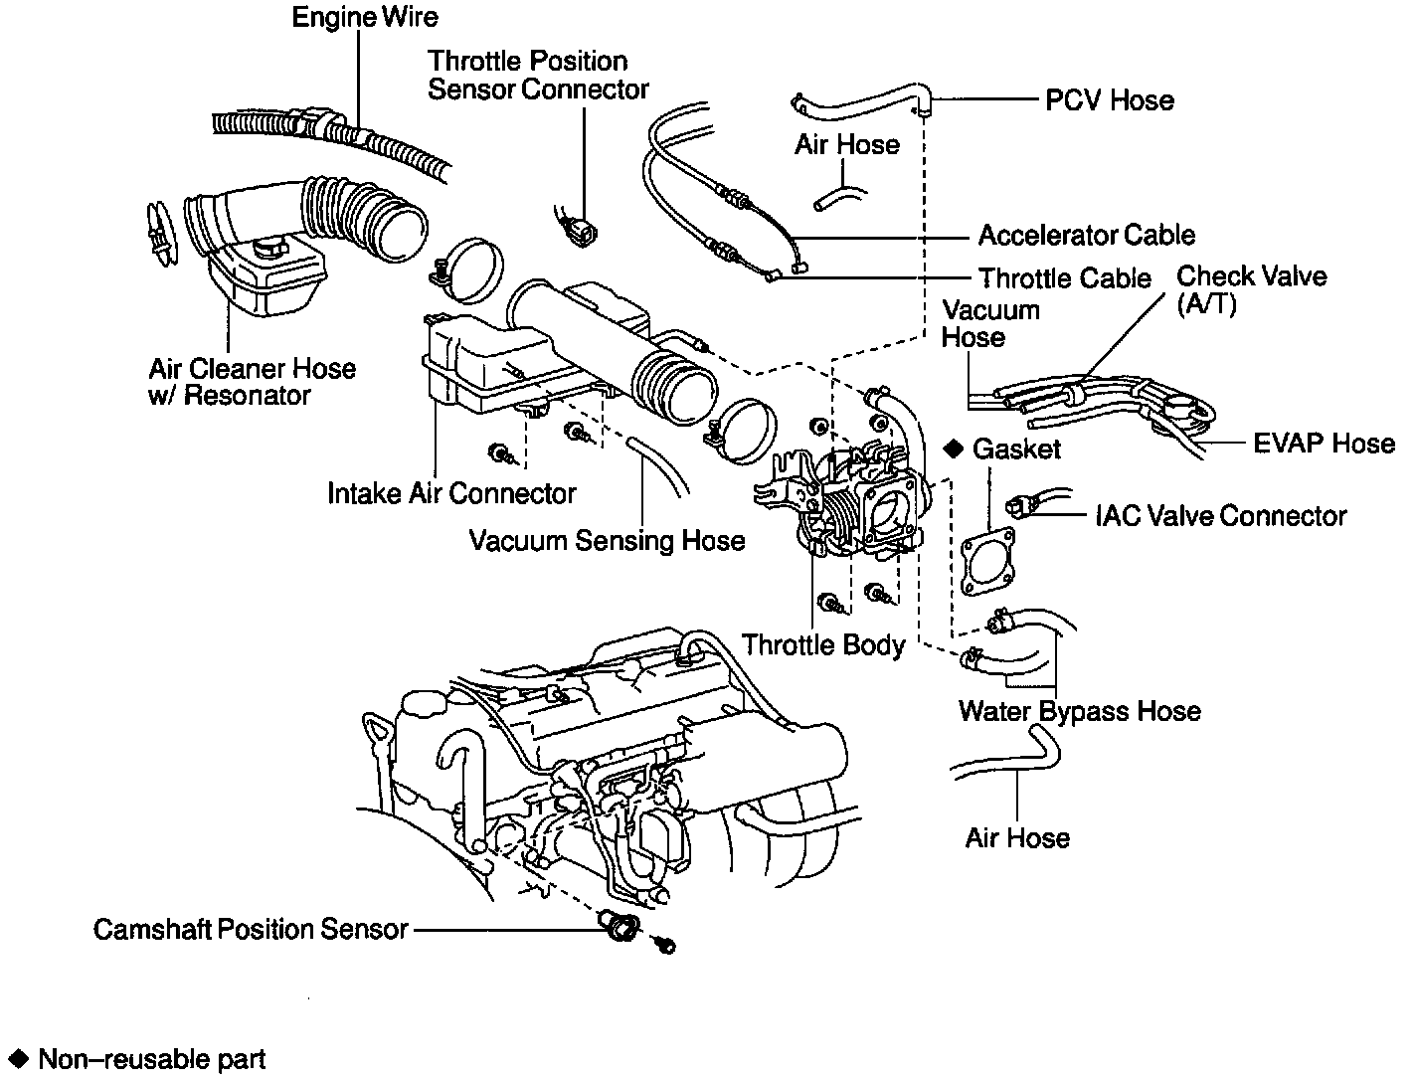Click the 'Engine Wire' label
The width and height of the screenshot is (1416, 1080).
pos(364,18)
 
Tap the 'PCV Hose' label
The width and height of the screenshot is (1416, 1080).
pos(1109,100)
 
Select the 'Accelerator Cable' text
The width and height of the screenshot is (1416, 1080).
pos(1086,236)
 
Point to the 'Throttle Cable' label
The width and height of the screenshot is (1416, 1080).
pos(1064,278)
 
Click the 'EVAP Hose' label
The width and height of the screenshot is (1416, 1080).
pos(1324,444)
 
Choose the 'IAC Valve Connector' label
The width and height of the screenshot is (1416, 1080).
pos(1220,516)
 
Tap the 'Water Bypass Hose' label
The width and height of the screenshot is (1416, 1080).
pos(1079,712)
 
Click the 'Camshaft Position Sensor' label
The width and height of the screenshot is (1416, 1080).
pos(251,930)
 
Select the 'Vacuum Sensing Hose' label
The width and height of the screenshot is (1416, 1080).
pos(607,541)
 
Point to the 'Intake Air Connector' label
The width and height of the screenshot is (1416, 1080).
pos(451,493)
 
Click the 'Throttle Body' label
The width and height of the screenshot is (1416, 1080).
pos(823,645)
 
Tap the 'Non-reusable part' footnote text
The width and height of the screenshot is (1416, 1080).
pos(151,1060)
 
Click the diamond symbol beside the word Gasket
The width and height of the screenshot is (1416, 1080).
pos(954,450)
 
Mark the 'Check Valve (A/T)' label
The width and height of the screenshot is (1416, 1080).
pos(1251,289)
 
